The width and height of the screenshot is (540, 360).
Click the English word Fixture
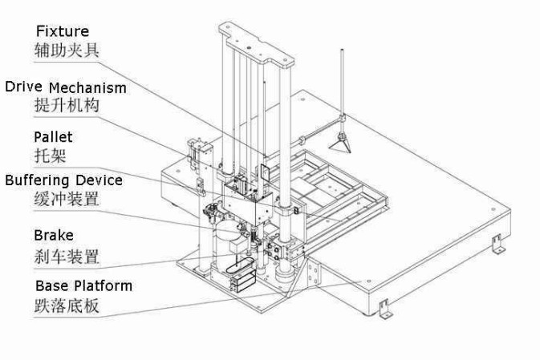[x=62, y=31]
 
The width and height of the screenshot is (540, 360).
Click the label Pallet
[x=53, y=137]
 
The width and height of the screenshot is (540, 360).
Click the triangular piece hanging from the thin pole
[x=342, y=142]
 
